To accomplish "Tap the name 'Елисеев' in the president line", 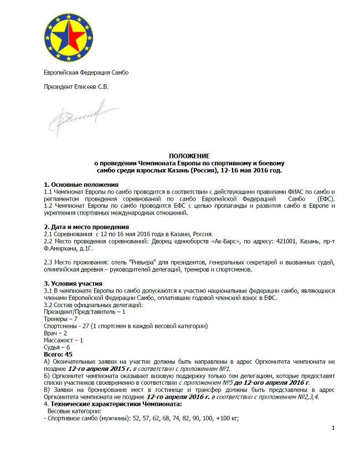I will click(x=87, y=87).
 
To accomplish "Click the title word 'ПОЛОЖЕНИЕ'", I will click(x=188, y=157).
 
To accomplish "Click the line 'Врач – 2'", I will click(x=55, y=333).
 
